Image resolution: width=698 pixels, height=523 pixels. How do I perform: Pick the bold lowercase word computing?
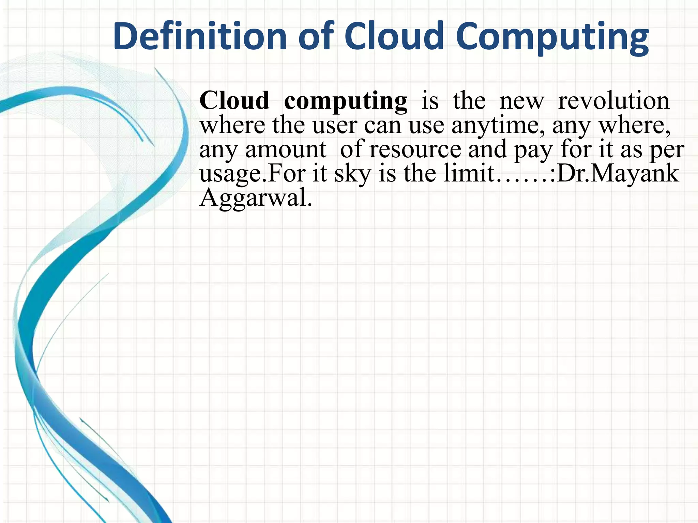[345, 101]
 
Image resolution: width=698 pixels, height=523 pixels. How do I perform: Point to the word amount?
[286, 149]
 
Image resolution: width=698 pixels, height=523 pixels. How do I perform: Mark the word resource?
[415, 149]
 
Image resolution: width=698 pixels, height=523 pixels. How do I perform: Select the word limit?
[469, 173]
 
